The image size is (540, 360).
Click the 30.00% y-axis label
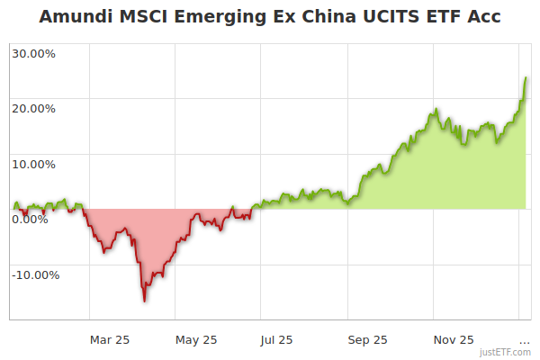click(33, 53)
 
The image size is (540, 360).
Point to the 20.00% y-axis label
click(33, 109)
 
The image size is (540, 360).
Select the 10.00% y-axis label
click(33, 165)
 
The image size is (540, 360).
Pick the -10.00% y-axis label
click(35, 274)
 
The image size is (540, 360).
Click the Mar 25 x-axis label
click(110, 340)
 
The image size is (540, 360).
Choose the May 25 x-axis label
click(196, 340)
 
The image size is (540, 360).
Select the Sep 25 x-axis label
click(367, 340)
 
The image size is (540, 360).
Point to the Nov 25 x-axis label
click(454, 340)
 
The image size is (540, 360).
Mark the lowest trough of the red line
click(144, 301)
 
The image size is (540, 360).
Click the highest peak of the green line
click(526, 78)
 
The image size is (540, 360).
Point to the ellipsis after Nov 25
click(525, 341)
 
